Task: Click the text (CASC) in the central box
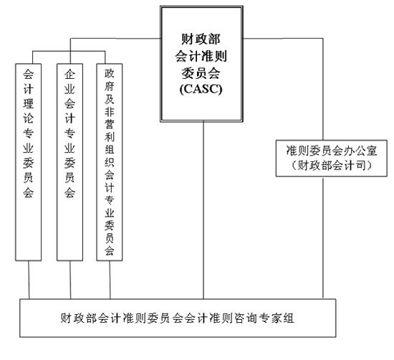[x=201, y=88]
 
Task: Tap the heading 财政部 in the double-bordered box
[x=201, y=39]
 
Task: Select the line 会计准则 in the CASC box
[x=201, y=56]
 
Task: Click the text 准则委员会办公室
[x=332, y=151]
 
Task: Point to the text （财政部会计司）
[x=332, y=165]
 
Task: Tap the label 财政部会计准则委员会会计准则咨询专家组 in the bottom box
[x=177, y=318]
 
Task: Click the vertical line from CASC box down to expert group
[x=203, y=210]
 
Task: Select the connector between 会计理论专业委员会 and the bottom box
[x=29, y=280]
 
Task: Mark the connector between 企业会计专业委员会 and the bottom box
[x=70, y=280]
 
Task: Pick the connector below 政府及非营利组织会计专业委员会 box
[x=110, y=280]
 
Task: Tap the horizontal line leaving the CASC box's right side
[x=283, y=39]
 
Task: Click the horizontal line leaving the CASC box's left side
[x=115, y=39]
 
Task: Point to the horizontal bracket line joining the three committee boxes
[x=69, y=52]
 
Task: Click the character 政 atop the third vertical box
[x=110, y=73]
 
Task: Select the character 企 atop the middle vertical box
[x=70, y=74]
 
